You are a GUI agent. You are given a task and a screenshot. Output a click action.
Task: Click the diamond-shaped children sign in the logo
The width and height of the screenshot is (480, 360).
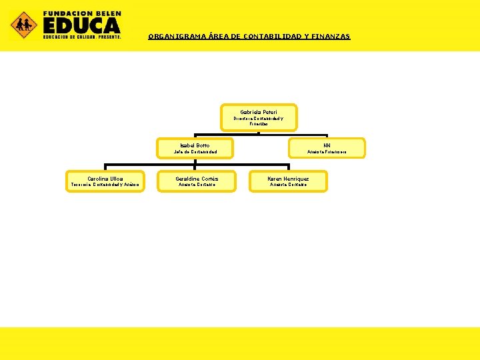point(24,25)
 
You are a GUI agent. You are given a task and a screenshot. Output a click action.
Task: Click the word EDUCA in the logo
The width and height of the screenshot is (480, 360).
point(82,25)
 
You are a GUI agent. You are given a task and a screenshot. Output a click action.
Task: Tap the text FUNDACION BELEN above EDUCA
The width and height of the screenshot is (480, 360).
point(82,13)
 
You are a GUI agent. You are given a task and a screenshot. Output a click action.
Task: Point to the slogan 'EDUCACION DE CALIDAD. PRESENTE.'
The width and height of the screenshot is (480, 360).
point(82,37)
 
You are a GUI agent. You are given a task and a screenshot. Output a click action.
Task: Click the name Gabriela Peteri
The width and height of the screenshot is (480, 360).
point(259,112)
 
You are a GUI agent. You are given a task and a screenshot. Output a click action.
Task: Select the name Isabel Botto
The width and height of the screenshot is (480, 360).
point(195,145)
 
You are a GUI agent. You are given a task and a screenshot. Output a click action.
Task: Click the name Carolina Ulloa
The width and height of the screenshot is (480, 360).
point(105,179)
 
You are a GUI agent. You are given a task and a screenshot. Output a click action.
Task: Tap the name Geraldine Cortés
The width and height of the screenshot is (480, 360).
point(197,179)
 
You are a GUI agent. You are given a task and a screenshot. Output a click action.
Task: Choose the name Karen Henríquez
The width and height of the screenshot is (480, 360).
point(288,179)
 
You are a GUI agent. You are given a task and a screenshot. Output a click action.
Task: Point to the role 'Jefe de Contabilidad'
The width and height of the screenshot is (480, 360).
point(195,152)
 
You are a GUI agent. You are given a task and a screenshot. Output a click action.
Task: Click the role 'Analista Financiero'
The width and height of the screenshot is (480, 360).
point(327,152)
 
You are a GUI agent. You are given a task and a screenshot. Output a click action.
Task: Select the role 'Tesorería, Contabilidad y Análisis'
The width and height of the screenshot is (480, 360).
point(105,185)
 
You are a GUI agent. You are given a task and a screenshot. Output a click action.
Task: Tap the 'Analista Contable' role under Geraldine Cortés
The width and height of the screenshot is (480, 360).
point(197,185)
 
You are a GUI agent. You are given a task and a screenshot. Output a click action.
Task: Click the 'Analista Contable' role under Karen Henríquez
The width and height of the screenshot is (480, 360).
point(288,185)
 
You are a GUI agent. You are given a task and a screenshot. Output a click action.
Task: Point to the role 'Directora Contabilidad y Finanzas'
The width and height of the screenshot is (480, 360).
point(259,121)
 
